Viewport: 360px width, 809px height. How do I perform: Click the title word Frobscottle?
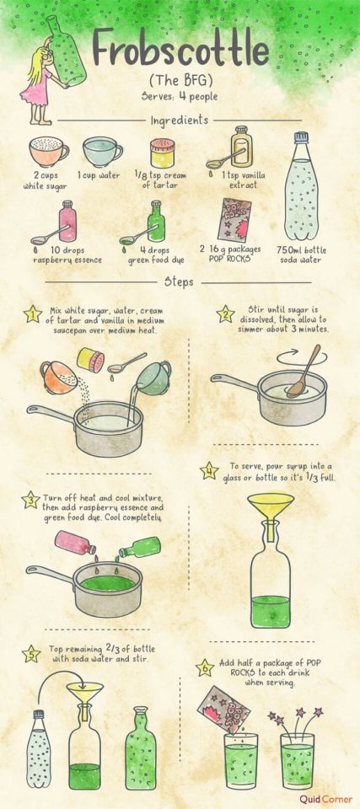(x=180, y=50)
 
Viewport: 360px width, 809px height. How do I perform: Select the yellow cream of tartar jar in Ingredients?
(x=162, y=153)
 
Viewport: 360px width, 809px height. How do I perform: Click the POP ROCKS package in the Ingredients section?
(x=234, y=220)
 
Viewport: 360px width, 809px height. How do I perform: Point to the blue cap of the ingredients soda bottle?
(x=301, y=137)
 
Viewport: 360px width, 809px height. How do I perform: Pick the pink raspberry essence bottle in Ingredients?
(x=67, y=222)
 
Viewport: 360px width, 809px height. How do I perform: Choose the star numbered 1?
(x=33, y=313)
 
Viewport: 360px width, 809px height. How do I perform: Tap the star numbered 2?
(x=224, y=313)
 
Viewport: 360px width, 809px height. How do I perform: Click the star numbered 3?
(x=31, y=500)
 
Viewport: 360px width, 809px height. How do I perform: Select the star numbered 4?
(x=209, y=470)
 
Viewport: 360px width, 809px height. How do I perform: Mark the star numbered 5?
(x=31, y=654)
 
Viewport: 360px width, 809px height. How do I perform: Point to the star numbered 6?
(x=205, y=668)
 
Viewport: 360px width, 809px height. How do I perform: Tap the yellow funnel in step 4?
(x=271, y=513)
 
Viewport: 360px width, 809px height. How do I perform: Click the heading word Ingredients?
(x=180, y=121)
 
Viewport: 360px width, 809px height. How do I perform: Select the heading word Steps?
(x=179, y=281)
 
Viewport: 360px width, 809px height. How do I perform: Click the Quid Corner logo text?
(x=326, y=799)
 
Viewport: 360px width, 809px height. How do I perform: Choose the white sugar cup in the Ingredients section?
(x=49, y=151)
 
